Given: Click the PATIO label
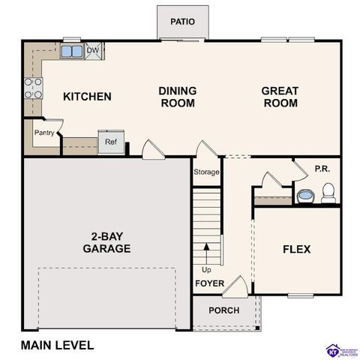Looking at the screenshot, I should pos(182,21).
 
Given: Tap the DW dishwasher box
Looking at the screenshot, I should pos(94,51).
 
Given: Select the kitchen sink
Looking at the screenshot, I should pos(72,51).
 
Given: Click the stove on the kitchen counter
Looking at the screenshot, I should pos(33,88).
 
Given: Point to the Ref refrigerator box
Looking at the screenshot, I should pos(110,142).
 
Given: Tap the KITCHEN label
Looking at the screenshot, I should pos(87,97).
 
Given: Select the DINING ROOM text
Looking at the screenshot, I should pos(177,97).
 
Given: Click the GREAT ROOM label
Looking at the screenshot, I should pos(280,97).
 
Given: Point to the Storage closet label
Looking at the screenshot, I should pos(207,172).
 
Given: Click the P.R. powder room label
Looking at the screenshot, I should pos(322,169).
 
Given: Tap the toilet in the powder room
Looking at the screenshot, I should pos(327,195).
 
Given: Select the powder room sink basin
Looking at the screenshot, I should pos(305,196).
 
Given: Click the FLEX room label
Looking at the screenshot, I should pos(296,249).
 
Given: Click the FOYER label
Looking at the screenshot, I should pos(209,283).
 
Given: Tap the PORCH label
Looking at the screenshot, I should pos(223,310).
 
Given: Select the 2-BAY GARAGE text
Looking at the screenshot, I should pos(106,242).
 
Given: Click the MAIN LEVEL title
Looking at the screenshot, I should pos(58,346).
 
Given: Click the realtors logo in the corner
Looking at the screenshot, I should pos(335,350).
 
